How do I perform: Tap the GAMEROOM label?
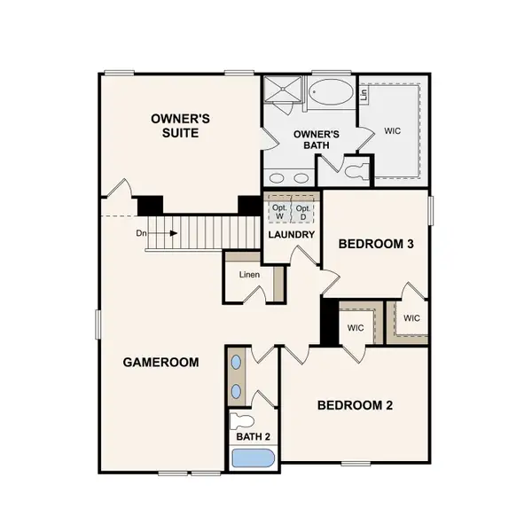(x=160, y=362)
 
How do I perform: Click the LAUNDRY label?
(x=292, y=234)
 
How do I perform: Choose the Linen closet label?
(x=248, y=274)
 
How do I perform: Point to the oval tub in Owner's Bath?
(x=330, y=93)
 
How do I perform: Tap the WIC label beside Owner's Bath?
(x=392, y=130)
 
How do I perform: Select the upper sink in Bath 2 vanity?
(x=237, y=363)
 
